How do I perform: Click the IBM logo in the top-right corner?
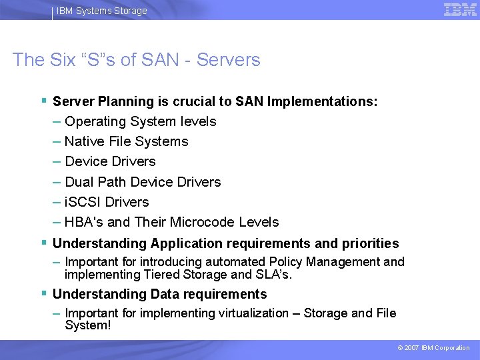(x=460, y=10)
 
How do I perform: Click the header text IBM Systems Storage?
(x=102, y=11)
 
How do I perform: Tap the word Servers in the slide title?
(x=229, y=60)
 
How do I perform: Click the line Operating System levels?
(x=141, y=121)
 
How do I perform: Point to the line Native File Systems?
(x=127, y=141)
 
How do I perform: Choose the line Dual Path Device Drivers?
(x=143, y=182)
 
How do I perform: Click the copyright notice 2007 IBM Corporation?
(x=434, y=348)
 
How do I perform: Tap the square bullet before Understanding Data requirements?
(x=43, y=293)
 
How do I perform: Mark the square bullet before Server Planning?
(x=43, y=101)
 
